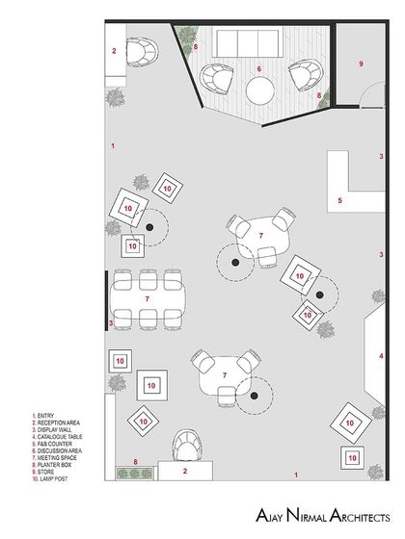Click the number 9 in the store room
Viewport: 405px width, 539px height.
(361, 64)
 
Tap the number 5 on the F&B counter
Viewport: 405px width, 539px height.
(339, 201)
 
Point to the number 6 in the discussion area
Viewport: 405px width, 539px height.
(259, 69)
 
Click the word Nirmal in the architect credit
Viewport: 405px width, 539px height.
(291, 517)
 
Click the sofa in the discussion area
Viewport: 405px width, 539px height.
(245, 44)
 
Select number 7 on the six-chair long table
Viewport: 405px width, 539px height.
(147, 299)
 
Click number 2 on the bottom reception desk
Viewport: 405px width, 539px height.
(186, 472)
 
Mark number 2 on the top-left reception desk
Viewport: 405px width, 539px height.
(114, 51)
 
